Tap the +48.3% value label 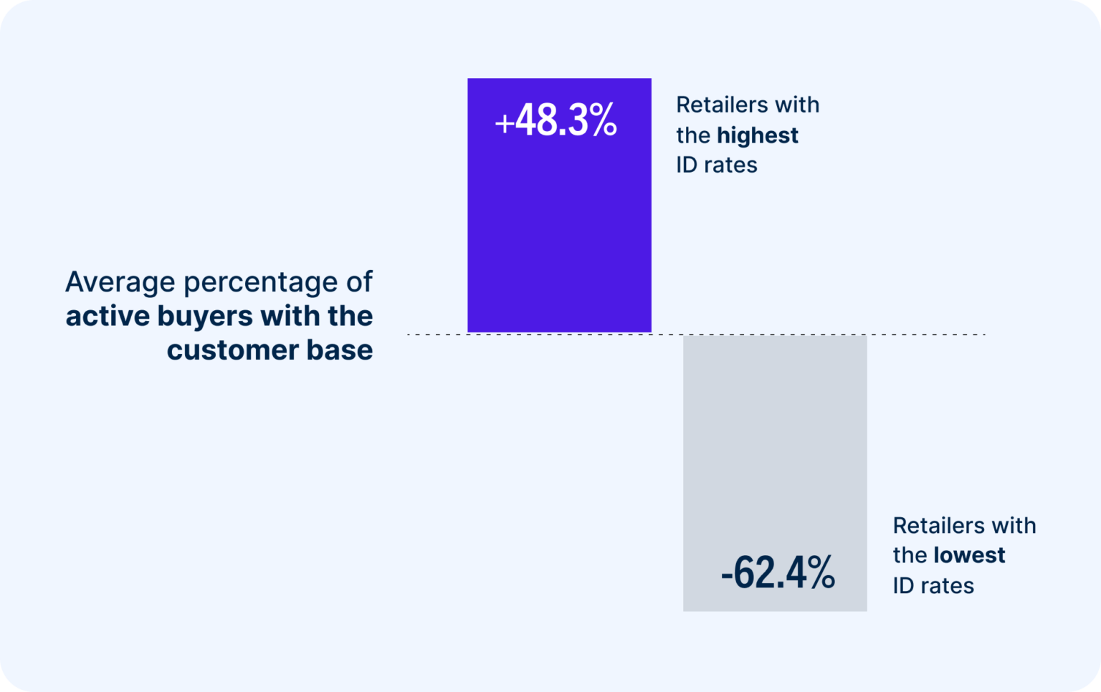(x=556, y=120)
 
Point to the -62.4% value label (x=778, y=573)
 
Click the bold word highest (x=757, y=135)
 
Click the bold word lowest (x=969, y=555)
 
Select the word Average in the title (x=120, y=282)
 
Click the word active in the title (x=108, y=316)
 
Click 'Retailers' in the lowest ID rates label (x=935, y=526)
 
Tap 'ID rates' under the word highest (x=717, y=165)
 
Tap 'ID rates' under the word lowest (x=933, y=586)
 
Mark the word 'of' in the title (x=359, y=282)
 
